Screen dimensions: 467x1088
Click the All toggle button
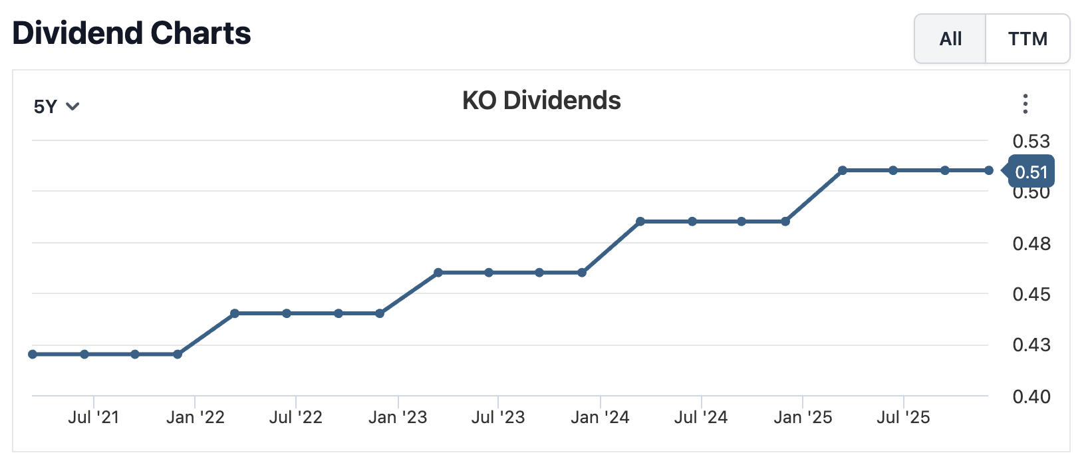pyautogui.click(x=950, y=39)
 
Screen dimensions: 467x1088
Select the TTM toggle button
pyautogui.click(x=1027, y=39)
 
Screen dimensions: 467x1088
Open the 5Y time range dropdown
pyautogui.click(x=57, y=106)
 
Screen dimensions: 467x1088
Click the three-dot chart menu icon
pyautogui.click(x=1025, y=104)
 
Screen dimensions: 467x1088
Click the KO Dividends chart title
pyautogui.click(x=541, y=100)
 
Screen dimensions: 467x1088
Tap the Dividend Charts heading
pyautogui.click(x=132, y=33)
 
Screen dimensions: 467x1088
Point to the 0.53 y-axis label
pyautogui.click(x=1031, y=141)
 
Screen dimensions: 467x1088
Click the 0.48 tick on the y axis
pyautogui.click(x=1031, y=243)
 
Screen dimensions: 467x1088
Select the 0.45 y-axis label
pyautogui.click(x=1031, y=294)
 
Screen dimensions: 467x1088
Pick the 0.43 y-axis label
pyautogui.click(x=1031, y=345)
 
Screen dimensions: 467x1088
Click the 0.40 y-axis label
pyautogui.click(x=1031, y=396)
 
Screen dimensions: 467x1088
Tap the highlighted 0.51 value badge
pyautogui.click(x=1031, y=172)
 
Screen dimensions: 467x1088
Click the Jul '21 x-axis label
pyautogui.click(x=94, y=417)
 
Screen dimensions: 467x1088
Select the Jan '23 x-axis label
pyautogui.click(x=398, y=417)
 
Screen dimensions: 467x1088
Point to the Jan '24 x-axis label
pyautogui.click(x=600, y=417)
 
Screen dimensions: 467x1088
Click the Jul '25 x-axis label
pyautogui.click(x=903, y=417)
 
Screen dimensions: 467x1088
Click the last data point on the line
pyautogui.click(x=989, y=171)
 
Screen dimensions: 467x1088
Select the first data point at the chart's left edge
pyautogui.click(x=33, y=355)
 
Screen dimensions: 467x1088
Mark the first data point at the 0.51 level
pyautogui.click(x=843, y=171)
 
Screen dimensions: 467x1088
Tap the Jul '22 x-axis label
pyautogui.click(x=296, y=417)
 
